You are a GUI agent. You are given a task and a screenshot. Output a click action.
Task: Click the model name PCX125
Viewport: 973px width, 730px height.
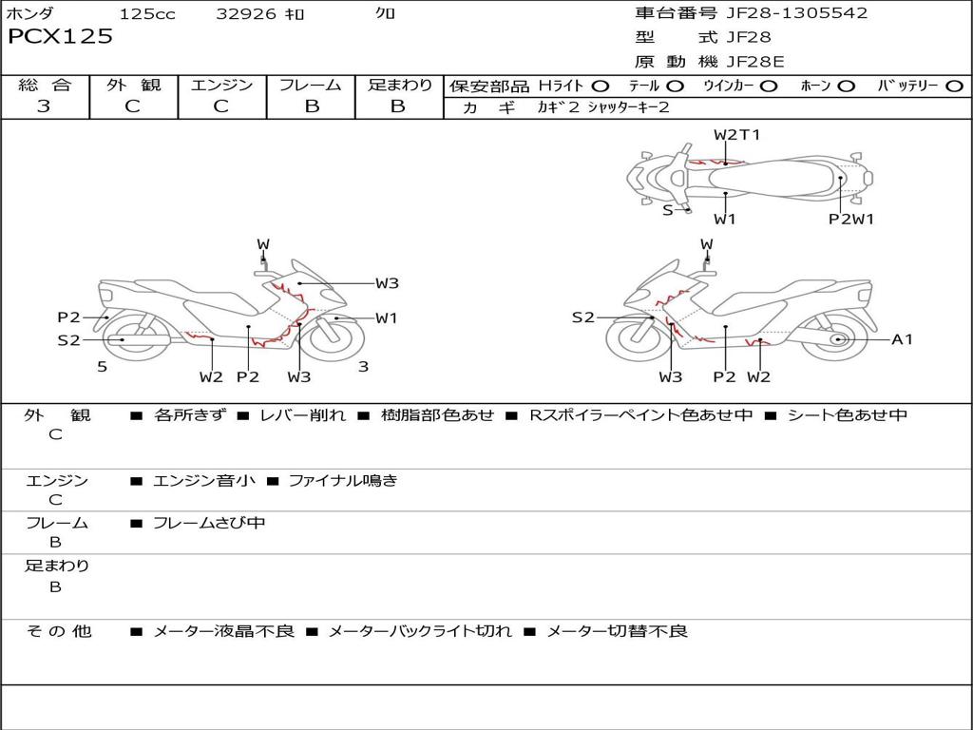click(60, 37)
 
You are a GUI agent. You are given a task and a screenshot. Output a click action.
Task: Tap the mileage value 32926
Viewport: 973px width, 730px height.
click(246, 14)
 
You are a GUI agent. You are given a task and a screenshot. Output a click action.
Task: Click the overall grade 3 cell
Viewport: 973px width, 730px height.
click(44, 106)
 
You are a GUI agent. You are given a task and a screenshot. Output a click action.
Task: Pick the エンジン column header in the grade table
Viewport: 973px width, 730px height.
click(221, 86)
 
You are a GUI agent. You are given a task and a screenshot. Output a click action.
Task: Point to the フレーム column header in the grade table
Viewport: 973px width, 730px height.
click(311, 86)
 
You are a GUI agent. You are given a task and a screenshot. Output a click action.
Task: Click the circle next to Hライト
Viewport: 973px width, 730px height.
click(601, 86)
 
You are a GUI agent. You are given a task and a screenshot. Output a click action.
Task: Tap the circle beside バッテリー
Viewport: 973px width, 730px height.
click(954, 86)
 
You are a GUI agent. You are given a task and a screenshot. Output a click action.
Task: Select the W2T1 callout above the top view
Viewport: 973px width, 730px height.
click(736, 135)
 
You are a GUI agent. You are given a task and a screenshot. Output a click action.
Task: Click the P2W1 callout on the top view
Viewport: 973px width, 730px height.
click(850, 220)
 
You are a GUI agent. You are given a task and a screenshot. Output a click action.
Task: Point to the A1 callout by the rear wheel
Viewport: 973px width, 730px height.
click(902, 339)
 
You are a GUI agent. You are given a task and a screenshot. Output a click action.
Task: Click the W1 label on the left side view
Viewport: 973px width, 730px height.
click(386, 318)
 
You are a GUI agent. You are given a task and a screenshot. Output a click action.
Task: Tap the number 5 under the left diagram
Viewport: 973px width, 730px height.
click(102, 367)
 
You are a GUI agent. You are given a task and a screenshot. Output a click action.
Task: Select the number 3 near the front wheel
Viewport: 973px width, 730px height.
click(363, 367)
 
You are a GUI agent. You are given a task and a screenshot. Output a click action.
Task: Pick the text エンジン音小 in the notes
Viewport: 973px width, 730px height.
click(203, 481)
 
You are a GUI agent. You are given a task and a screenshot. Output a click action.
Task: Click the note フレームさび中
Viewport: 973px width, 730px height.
click(208, 523)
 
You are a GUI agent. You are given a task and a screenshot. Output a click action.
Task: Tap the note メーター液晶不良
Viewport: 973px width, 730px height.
click(223, 631)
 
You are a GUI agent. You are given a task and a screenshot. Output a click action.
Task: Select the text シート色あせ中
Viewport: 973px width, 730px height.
click(847, 415)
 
